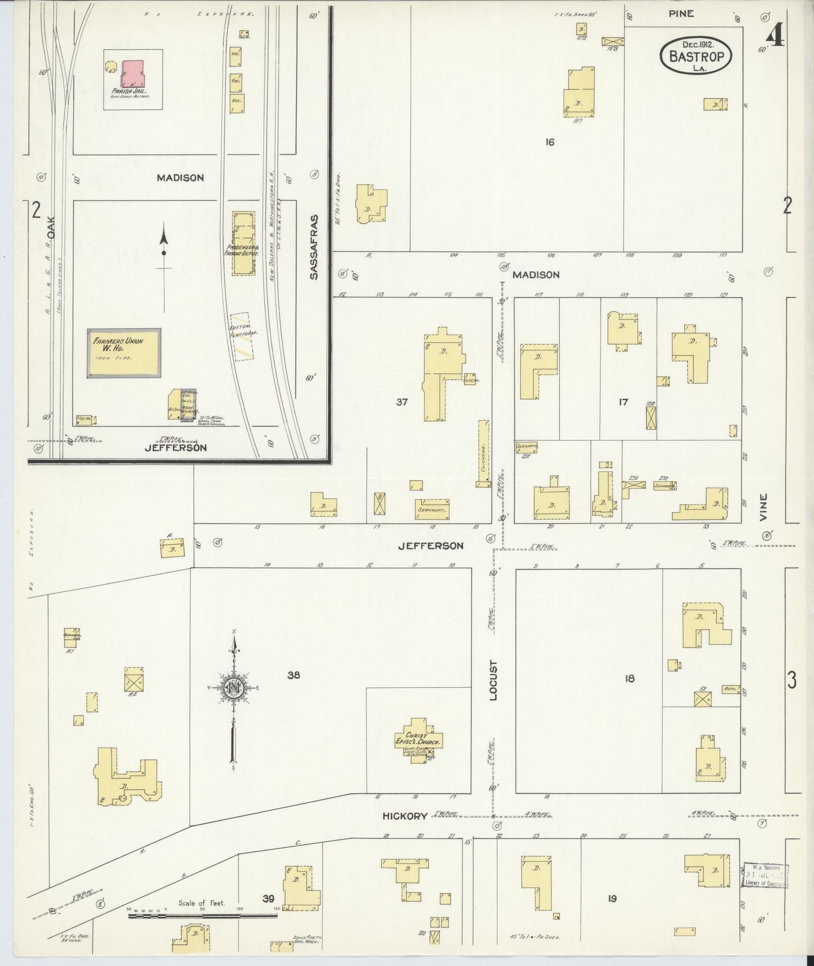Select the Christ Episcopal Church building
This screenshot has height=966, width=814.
[418, 740]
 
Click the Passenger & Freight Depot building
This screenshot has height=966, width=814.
[243, 243]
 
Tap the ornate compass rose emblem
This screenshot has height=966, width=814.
[234, 687]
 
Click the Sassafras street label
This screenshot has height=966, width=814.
[313, 248]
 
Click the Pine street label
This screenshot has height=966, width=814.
[681, 14]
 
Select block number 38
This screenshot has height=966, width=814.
[294, 675]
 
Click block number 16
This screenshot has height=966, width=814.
[550, 142]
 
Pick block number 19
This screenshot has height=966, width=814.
[612, 898]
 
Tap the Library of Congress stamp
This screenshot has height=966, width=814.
[765, 875]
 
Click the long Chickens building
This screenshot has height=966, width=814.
[483, 453]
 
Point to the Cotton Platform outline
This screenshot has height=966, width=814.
[242, 336]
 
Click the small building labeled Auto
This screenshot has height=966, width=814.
[730, 689]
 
